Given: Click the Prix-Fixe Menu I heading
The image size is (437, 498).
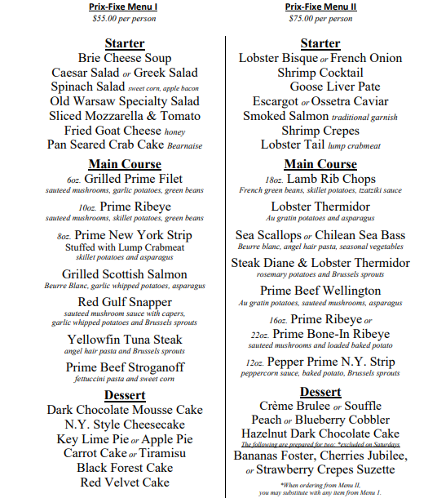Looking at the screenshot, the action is tap(123, 7).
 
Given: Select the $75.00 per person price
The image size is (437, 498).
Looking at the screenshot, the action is tap(320, 18).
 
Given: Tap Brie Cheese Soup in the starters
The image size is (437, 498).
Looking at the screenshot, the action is tap(125, 58).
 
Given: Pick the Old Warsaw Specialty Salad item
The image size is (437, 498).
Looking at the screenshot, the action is tap(124, 101).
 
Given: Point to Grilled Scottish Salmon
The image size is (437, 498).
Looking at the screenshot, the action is tap(125, 274).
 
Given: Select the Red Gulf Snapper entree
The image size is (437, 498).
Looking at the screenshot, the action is tap(125, 303).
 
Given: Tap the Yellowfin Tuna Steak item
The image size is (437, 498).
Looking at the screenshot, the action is tap(125, 339).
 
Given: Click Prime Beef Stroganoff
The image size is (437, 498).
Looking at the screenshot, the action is tap(125, 367).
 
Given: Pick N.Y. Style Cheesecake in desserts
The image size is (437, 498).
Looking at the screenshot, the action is tap(124, 425).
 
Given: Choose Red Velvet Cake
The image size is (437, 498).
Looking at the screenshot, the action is tap(124, 482).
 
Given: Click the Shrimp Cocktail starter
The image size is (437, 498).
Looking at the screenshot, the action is tap(320, 73).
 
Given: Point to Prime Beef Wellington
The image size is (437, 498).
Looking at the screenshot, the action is tap(320, 291).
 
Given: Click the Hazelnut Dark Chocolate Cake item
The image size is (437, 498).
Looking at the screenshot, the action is tap(320, 434).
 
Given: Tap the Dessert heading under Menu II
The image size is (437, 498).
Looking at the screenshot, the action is tap(320, 392).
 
